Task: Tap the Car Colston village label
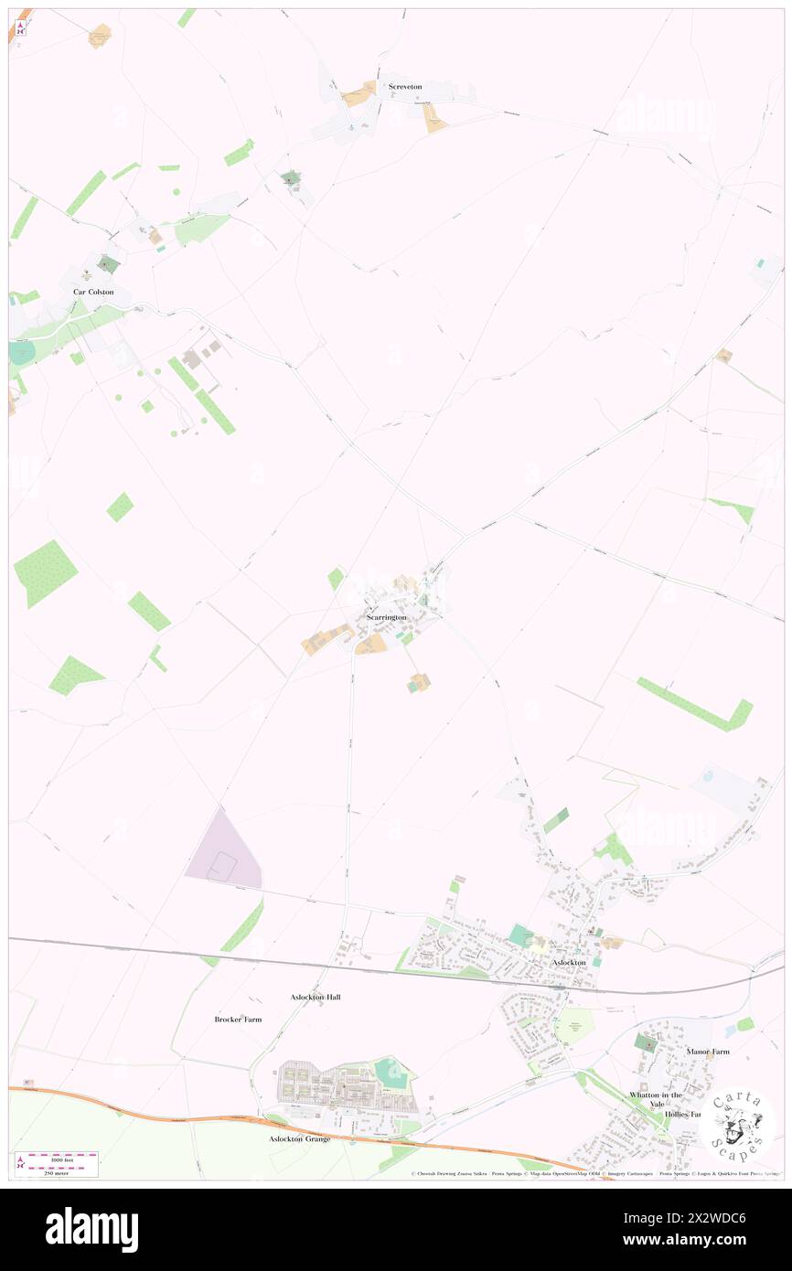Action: click(94, 292)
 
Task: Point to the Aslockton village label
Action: click(568, 963)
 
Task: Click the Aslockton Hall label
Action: click(315, 997)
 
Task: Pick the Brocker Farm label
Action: click(238, 1019)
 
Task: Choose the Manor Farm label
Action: click(708, 1052)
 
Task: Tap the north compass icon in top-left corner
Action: click(21, 27)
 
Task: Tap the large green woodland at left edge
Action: click(44, 572)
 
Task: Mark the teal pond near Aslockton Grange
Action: click(391, 1071)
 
